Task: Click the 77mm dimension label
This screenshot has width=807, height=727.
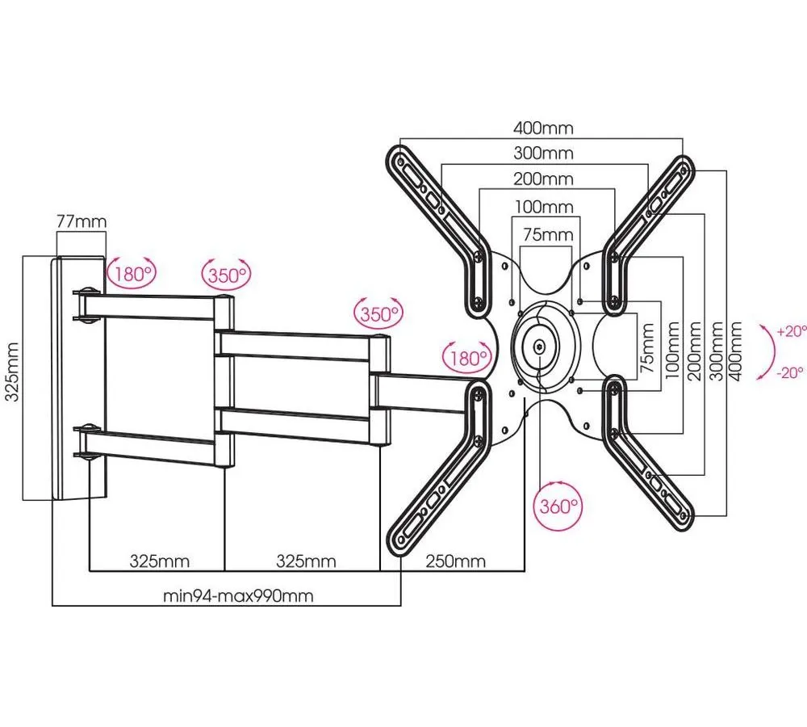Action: [82, 221]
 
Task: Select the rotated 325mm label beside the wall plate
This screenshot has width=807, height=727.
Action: [12, 372]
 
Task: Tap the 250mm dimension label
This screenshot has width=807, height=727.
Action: [455, 561]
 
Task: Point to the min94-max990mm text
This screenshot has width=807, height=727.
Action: [238, 595]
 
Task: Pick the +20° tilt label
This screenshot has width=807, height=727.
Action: [792, 330]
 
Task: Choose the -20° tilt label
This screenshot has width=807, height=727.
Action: [790, 372]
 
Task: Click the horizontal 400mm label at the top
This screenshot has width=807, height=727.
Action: [543, 128]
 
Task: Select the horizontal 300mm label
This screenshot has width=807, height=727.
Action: [543, 153]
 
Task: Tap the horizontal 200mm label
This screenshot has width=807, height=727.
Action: [543, 179]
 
